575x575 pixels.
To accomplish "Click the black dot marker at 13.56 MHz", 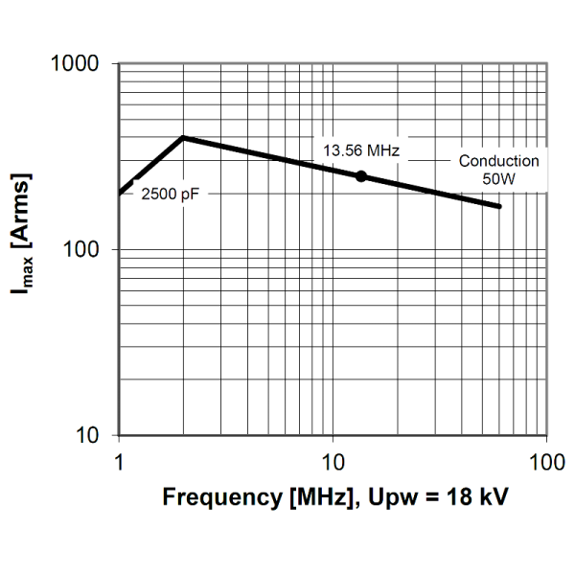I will pyautogui.click(x=361, y=176).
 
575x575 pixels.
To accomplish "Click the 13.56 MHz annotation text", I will pyautogui.click(x=360, y=150).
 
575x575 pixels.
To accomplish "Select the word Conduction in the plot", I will pyautogui.click(x=498, y=161).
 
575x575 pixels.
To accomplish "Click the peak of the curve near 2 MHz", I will pyautogui.click(x=183, y=137).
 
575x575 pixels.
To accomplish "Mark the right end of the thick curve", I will pyautogui.click(x=499, y=206).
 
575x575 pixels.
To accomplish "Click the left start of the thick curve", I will pyautogui.click(x=119, y=193).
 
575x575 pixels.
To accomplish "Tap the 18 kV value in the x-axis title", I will pyautogui.click(x=478, y=498).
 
